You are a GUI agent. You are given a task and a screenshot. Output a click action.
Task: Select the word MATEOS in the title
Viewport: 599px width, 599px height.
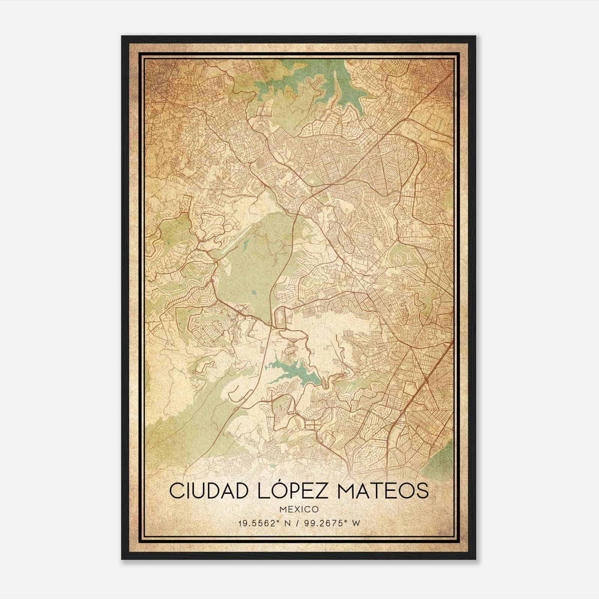(x=381, y=491)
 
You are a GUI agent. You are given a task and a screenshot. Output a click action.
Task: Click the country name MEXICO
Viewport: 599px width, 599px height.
(x=299, y=509)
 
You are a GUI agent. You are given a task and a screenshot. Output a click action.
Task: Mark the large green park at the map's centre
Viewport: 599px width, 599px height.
(x=247, y=270)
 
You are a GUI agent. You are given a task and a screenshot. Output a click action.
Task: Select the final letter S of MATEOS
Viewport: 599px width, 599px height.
(x=422, y=491)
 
